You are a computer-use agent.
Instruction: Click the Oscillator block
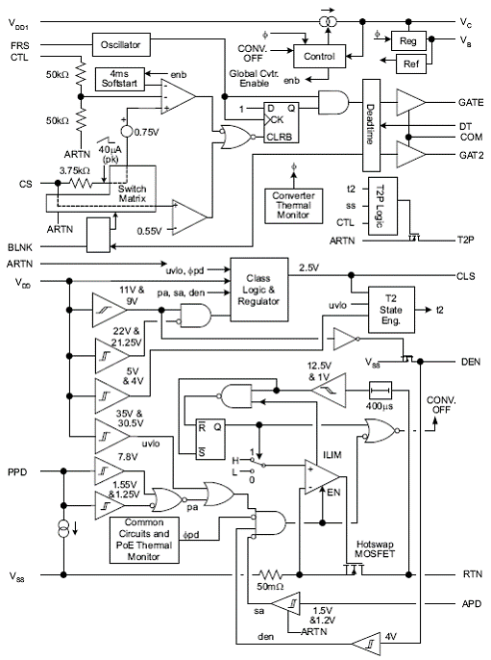121,44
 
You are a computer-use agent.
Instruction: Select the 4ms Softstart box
120,79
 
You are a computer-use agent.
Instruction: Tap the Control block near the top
319,57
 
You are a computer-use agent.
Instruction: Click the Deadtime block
371,125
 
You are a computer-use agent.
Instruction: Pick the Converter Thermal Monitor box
293,206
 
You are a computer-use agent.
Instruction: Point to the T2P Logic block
382,206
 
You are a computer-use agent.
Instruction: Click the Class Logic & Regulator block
259,290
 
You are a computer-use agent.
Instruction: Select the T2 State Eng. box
391,310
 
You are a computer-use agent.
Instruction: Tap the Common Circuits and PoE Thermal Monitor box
144,540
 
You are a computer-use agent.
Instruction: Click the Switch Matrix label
132,193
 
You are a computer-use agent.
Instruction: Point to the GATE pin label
471,102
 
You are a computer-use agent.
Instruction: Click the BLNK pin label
20,247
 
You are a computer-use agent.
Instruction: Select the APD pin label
471,603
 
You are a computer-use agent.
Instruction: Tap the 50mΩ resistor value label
270,586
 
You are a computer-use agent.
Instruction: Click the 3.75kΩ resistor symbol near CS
81,183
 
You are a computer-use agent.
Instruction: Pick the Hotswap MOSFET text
375,548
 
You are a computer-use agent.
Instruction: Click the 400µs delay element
381,391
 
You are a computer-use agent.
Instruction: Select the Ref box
410,63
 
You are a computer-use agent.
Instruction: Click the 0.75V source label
147,132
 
